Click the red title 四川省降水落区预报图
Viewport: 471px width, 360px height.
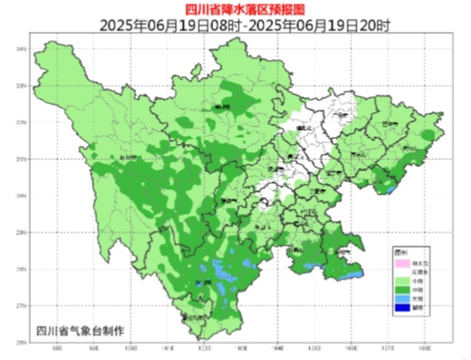click(x=235, y=8)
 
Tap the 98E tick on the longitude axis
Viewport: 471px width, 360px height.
click(x=58, y=349)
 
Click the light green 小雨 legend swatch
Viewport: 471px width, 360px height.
click(x=402, y=280)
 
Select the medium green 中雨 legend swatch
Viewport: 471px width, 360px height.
click(x=402, y=287)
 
